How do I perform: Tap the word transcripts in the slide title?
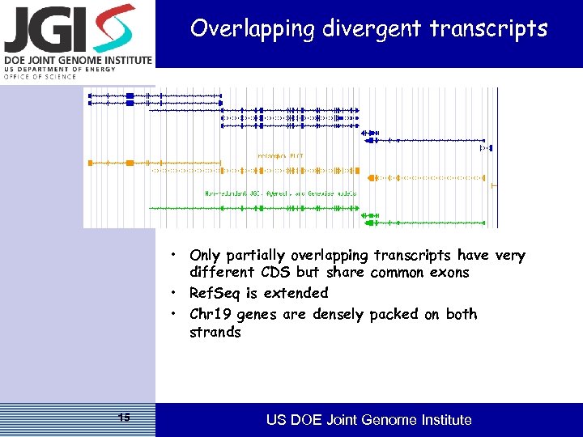pyautogui.click(x=488, y=29)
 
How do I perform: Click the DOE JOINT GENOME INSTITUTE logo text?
pyautogui.click(x=77, y=61)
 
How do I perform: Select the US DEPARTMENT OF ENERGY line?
pyautogui.click(x=60, y=70)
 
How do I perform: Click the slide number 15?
pyautogui.click(x=124, y=418)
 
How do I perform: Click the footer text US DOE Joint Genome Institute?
pyautogui.click(x=368, y=420)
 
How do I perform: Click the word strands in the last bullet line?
pyautogui.click(x=215, y=332)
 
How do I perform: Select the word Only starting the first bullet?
pyautogui.click(x=206, y=255)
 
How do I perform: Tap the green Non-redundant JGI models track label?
pyautogui.click(x=280, y=193)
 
